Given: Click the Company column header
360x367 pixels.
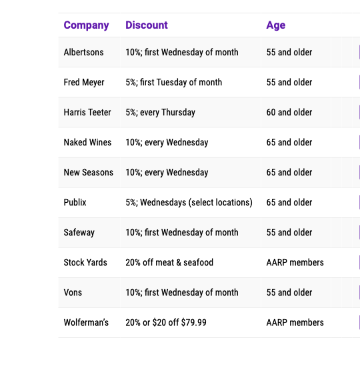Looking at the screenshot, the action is point(86,25).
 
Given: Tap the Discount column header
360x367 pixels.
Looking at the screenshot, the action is point(147,25).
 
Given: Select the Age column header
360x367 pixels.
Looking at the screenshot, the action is point(276,25).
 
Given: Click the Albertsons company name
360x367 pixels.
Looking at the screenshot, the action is point(83,52).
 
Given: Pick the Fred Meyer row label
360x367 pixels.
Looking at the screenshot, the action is point(84,82).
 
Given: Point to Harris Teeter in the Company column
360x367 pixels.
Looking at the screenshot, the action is point(87,112).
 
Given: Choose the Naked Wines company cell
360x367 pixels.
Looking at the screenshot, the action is point(87,142).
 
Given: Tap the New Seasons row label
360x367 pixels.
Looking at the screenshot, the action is point(89,172).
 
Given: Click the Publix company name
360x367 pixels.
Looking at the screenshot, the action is point(75,202).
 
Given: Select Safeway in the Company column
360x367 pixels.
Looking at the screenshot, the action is point(79,232).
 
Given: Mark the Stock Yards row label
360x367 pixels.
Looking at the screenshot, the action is point(85,262).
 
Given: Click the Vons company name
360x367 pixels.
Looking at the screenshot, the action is point(73,292).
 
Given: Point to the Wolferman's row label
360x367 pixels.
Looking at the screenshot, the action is point(86,322).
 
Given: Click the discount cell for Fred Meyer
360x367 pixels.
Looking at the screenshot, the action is point(173,82).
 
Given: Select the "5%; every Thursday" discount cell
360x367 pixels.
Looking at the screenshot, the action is point(160,112).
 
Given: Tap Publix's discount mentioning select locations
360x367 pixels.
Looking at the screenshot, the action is point(189,202).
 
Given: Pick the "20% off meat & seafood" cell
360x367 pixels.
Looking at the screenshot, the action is point(169,262).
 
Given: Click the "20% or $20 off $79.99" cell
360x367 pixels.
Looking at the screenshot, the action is point(166,322).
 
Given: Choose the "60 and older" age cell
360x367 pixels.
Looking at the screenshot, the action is point(289,112).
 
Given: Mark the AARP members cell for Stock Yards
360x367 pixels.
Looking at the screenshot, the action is point(295,262).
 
